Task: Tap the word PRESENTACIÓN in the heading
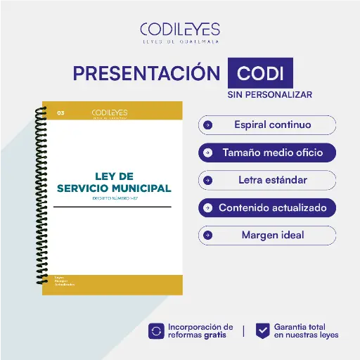click(x=146, y=74)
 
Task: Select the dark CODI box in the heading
click(x=260, y=74)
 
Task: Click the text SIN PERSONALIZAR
click(x=269, y=94)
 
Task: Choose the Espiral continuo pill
click(x=267, y=125)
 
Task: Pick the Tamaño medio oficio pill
click(x=267, y=152)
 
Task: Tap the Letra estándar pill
click(x=267, y=180)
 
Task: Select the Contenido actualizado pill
click(x=267, y=208)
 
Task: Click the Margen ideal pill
click(x=267, y=235)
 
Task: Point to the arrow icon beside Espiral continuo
click(x=207, y=125)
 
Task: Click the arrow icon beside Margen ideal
click(x=207, y=235)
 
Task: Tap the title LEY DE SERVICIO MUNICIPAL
click(x=113, y=182)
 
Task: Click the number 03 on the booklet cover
click(x=61, y=112)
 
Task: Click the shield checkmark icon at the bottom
click(x=262, y=330)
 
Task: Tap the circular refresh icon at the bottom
click(x=156, y=330)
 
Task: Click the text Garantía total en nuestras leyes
click(x=307, y=331)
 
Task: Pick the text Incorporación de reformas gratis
click(x=200, y=331)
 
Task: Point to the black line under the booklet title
click(x=112, y=207)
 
